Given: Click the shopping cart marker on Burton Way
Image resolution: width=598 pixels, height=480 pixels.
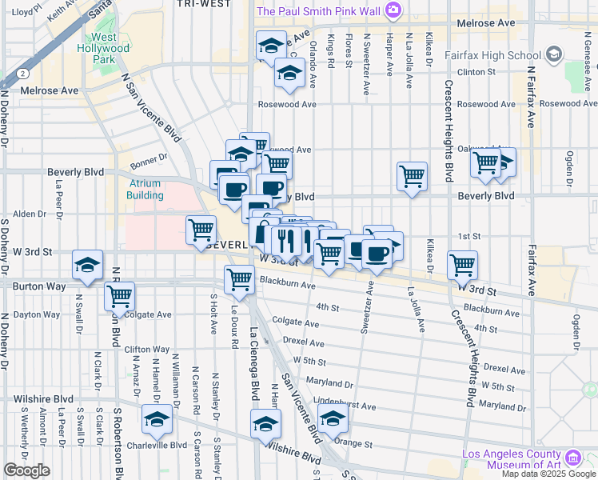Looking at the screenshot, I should [x=239, y=280].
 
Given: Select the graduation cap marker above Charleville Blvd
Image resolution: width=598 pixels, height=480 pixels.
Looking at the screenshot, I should [x=157, y=418].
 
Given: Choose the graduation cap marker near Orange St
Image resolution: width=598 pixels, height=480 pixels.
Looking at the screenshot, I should [x=333, y=418].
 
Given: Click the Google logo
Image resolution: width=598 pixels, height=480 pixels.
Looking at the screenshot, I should [x=26, y=470].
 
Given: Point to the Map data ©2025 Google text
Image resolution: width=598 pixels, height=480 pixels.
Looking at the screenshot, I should [x=549, y=474].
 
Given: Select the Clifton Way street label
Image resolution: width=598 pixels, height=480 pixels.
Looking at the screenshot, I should [x=147, y=350].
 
